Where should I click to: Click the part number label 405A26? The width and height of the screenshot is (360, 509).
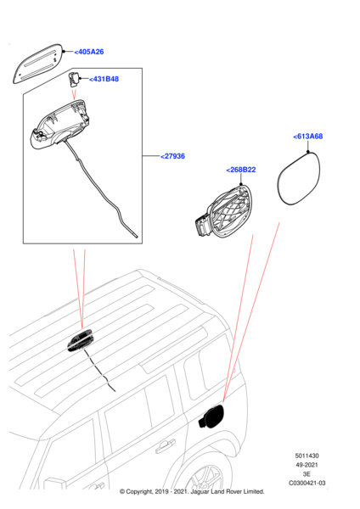pos(89,52)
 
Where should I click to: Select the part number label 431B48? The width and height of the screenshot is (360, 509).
pos(104,79)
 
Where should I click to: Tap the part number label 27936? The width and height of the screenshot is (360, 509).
pos(172,156)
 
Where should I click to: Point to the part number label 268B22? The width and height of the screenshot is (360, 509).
pos(241,170)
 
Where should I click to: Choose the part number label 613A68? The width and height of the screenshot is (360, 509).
pos(308,137)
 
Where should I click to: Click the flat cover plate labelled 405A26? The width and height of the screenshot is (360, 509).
pos(37,64)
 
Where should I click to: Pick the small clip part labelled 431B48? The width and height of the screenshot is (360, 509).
pos(74,79)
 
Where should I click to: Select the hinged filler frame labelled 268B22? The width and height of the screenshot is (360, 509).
pos(225,211)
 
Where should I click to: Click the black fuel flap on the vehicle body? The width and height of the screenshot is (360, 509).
pos(211,417)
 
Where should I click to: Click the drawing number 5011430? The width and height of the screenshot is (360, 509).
pos(307,456)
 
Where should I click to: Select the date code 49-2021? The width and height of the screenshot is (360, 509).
pos(307,465)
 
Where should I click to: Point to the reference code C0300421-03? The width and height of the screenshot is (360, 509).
pos(307,483)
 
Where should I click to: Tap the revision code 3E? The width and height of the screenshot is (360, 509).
pos(307,474)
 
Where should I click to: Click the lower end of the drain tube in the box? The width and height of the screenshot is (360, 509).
pos(137,237)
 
